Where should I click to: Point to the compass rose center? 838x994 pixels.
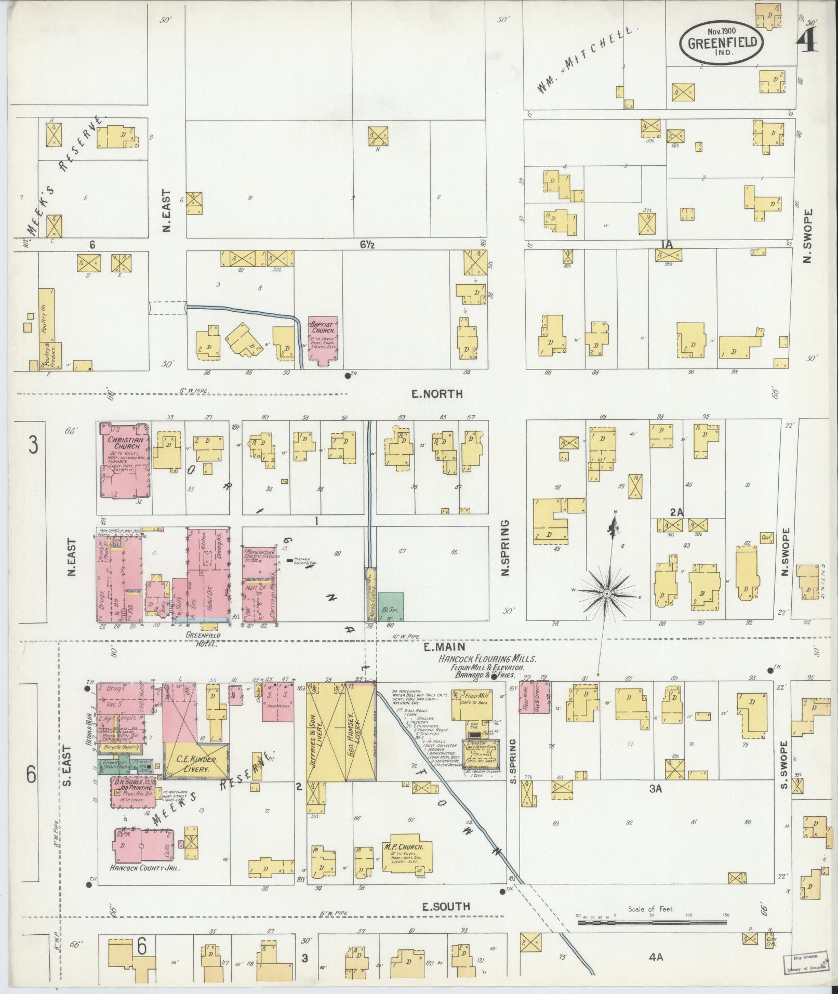tap(606, 593)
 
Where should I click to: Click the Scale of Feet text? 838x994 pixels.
tap(651, 909)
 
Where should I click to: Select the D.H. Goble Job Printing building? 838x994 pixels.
tap(133, 791)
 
